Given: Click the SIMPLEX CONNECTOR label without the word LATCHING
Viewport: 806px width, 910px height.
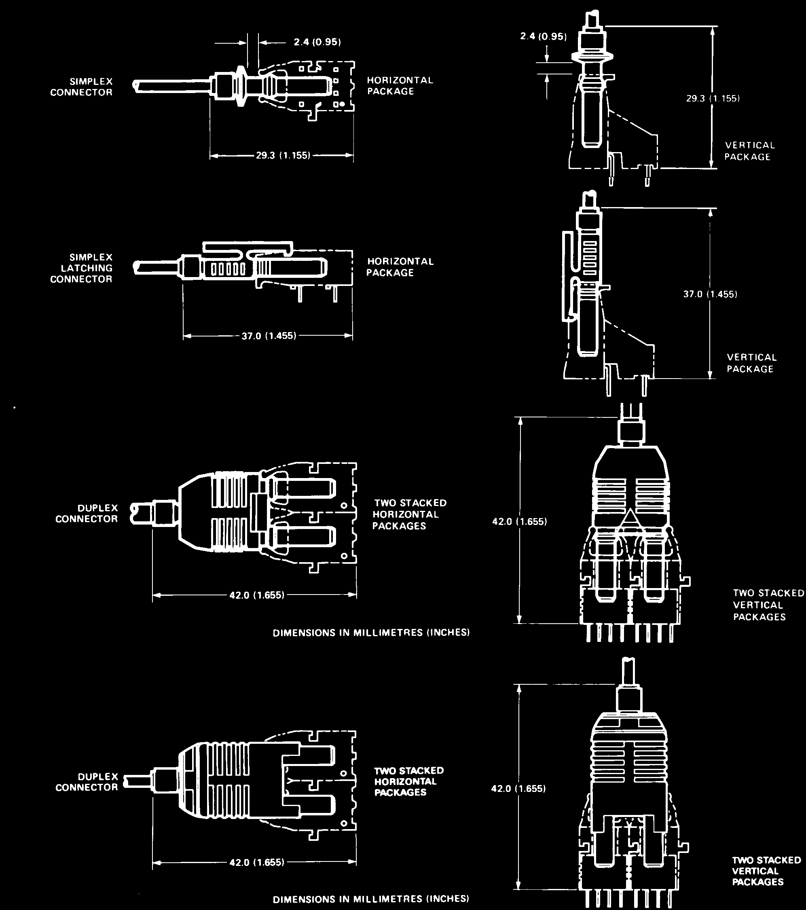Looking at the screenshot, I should pos(81,87).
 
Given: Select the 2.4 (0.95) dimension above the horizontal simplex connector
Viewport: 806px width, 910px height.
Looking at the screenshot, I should pos(317,42).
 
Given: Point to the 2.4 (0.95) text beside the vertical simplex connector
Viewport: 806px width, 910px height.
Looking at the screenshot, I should pos(544,36).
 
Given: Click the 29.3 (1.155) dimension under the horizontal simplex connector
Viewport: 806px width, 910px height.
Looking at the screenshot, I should pos(283,156).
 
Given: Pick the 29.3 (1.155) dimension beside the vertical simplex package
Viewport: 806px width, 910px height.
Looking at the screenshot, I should pos(713,98).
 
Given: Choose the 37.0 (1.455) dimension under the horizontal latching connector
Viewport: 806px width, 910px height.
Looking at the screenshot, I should pos(269,336).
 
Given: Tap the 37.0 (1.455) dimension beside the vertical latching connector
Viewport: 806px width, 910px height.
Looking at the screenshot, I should pos(710,294).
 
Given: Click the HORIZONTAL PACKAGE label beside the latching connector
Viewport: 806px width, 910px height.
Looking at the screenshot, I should pos(400,267).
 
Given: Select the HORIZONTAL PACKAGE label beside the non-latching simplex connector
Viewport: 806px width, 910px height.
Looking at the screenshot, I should pos(400,85).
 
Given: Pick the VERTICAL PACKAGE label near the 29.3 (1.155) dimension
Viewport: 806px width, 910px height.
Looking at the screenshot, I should pos(749,151).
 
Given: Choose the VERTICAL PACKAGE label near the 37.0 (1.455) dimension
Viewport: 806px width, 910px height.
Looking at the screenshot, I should pos(752,363).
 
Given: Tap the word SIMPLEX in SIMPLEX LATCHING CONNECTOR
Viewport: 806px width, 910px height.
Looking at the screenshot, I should pos(91,257).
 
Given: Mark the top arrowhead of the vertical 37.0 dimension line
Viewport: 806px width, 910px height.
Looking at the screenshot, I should pos(710,212).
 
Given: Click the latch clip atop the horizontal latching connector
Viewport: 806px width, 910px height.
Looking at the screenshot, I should pos(248,248).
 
